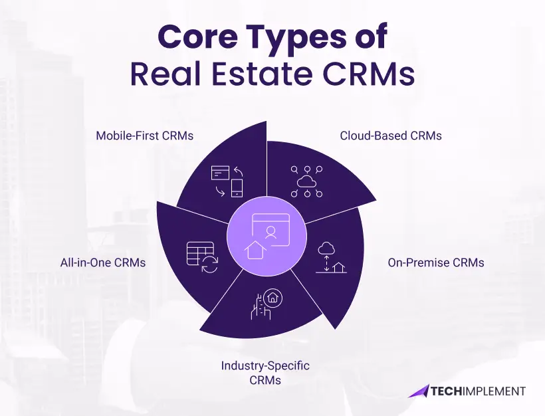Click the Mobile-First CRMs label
pos(144,136)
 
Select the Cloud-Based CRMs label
pos(391,136)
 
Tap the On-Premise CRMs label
pos(436,262)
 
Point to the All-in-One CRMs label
pos(102,262)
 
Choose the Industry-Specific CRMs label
pos(265,373)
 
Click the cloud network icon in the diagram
pos(306,180)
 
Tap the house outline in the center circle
pos(255,251)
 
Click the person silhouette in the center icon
pos(271,231)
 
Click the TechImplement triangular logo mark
pos(419,391)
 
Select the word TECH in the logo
pos(449,391)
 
